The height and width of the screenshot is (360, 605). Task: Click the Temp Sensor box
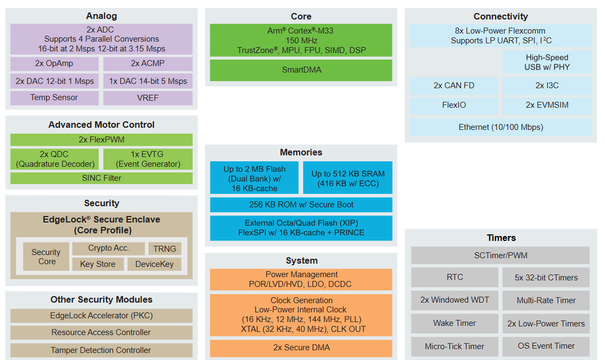click(x=54, y=98)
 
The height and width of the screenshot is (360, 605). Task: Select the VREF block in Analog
click(x=148, y=98)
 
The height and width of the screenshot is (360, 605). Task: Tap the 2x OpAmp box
click(x=54, y=64)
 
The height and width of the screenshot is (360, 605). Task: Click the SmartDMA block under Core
click(x=301, y=70)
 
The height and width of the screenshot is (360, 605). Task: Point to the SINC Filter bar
click(x=101, y=178)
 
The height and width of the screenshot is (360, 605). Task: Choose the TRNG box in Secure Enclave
click(x=165, y=249)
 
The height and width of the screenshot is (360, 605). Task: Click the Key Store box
click(x=97, y=264)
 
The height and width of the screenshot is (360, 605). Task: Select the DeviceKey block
click(x=154, y=264)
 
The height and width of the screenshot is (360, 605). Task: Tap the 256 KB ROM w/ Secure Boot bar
click(x=301, y=205)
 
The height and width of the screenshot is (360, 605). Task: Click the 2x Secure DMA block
click(x=301, y=348)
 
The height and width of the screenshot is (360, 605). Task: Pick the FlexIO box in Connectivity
click(x=453, y=105)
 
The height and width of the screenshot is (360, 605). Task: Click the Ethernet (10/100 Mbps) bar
click(x=500, y=127)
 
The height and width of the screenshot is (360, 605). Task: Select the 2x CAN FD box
click(x=453, y=86)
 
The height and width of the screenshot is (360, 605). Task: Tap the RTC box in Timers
click(x=454, y=277)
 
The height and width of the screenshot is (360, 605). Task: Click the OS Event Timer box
click(x=546, y=346)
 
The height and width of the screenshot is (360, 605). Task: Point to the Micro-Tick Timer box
click(x=454, y=346)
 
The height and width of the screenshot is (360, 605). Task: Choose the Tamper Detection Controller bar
click(x=101, y=350)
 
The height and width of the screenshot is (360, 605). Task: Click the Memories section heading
click(x=301, y=153)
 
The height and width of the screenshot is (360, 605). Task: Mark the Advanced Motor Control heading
click(x=101, y=125)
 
